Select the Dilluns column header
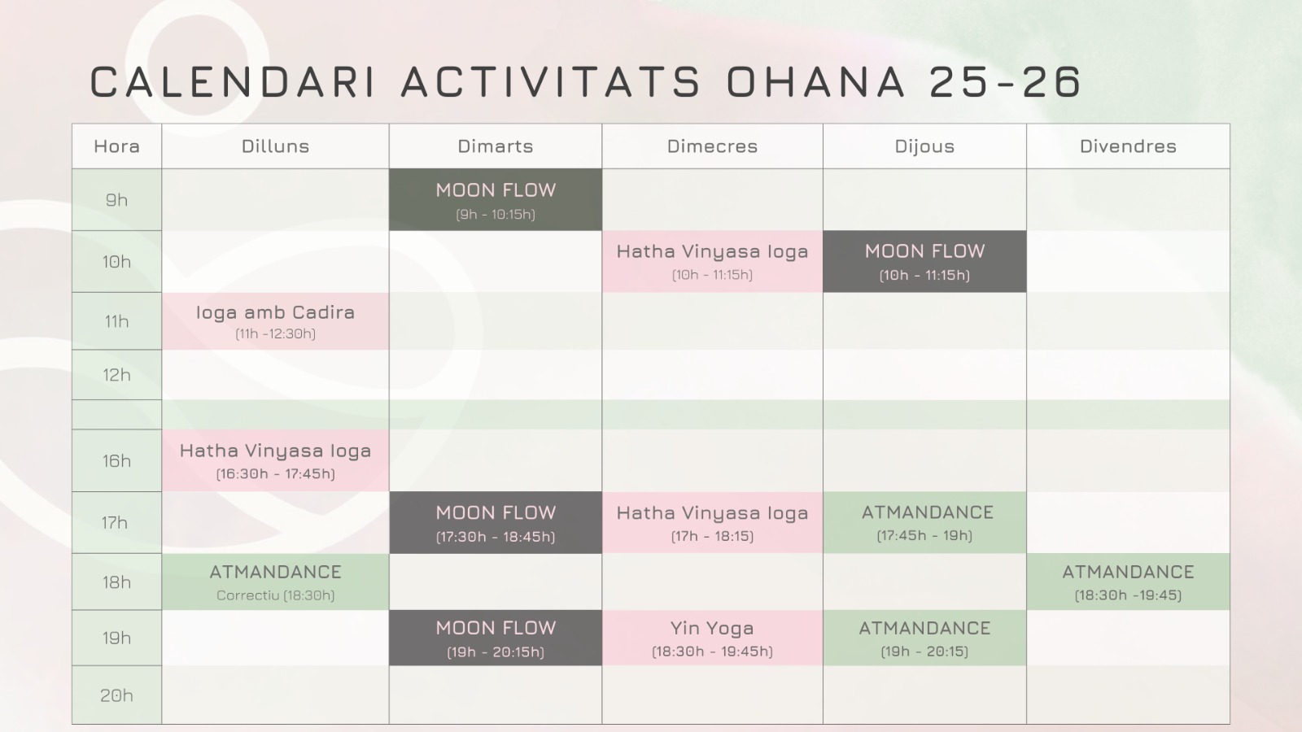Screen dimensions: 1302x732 pos(276,146)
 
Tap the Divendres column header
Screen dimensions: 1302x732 pos(1128,146)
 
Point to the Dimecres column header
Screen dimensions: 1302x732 pos(713,146)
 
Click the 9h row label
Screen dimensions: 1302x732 pos(117,200)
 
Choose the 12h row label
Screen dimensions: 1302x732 pos(117,375)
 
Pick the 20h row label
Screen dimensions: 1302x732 pos(117,695)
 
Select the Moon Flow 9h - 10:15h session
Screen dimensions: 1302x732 pos(496,200)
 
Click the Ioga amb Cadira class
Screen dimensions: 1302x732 pos(276,321)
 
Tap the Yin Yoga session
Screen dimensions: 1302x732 pos(713,638)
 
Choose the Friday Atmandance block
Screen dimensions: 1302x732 pos(1128,582)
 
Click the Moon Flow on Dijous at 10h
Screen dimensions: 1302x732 pos(924,261)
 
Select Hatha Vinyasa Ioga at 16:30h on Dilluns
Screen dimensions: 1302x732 pos(276,460)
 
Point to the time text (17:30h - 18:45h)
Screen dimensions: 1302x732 pos(496,536)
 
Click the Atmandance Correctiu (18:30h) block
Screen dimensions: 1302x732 pos(276,582)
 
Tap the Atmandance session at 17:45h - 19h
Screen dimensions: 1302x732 pos(924,523)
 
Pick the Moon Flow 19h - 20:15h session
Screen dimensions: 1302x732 pos(496,638)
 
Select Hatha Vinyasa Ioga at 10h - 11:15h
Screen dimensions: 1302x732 pos(713,261)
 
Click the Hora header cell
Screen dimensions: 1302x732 pos(117,146)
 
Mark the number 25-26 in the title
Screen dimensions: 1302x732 pos(1005,81)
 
